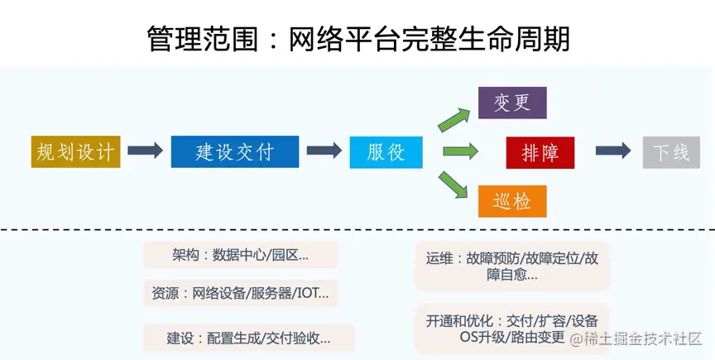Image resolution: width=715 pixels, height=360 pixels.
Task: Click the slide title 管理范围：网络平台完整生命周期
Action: (x=357, y=37)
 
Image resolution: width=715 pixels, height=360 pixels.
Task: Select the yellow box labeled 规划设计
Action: (x=75, y=151)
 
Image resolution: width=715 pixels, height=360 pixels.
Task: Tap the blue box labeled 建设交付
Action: (x=235, y=151)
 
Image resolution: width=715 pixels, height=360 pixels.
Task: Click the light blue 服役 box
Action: (x=386, y=152)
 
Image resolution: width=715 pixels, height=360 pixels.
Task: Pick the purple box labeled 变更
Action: (x=512, y=103)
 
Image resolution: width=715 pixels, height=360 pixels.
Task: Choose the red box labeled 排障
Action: (x=540, y=152)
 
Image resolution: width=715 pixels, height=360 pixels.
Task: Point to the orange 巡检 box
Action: (x=512, y=201)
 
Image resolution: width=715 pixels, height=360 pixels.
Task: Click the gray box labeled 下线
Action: (x=670, y=152)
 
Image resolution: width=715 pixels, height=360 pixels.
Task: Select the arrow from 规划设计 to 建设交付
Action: (x=145, y=151)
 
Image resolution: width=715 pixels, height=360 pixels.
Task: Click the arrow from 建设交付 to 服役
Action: (x=324, y=151)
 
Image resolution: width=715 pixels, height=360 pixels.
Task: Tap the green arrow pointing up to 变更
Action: (x=455, y=117)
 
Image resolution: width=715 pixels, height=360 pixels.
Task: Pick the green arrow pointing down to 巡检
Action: (x=455, y=185)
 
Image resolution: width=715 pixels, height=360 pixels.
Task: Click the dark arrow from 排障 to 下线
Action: (x=613, y=151)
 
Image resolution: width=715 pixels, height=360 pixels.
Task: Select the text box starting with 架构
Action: (x=240, y=255)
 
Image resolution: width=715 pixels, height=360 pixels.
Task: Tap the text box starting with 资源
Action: (x=240, y=293)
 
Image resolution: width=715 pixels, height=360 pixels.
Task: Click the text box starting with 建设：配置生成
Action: (x=248, y=338)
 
